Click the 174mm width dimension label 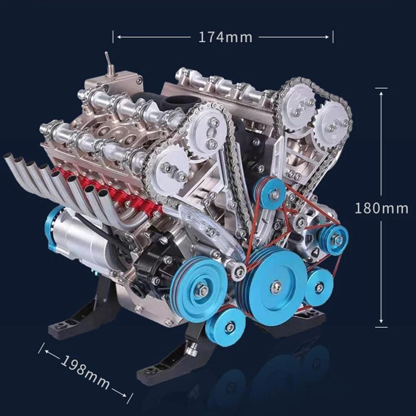click(225, 37)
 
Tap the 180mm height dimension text click(381, 208)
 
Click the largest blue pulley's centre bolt click(276, 287)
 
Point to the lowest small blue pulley click(226, 327)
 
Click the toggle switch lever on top click(109, 62)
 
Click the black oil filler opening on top click(183, 100)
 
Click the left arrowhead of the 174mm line click(120, 37)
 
